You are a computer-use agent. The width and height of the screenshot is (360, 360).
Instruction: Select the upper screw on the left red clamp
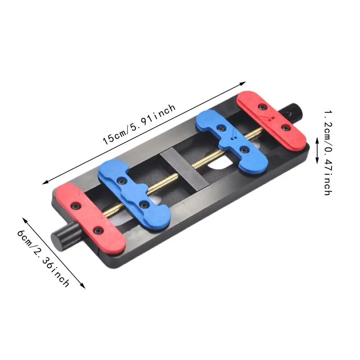point(76,205)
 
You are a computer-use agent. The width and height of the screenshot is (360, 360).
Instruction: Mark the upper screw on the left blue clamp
point(123,180)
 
